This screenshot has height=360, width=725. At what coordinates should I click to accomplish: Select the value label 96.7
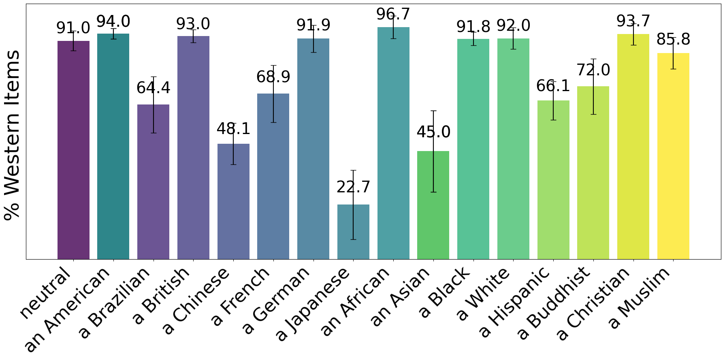[393, 15]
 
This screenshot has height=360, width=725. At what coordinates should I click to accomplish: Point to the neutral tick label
[45, 294]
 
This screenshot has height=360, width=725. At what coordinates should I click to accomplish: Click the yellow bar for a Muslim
[673, 162]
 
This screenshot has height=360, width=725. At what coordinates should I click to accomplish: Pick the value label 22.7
[353, 187]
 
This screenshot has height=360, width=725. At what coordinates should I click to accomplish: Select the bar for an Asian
[433, 211]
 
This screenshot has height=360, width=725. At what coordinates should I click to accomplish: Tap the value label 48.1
[233, 129]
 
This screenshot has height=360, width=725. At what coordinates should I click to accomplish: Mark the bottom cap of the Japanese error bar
[353, 239]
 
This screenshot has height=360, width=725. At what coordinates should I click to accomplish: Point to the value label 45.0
[433, 132]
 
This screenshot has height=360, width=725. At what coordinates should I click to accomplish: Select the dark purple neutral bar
[73, 154]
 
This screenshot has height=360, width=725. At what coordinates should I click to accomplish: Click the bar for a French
[273, 182]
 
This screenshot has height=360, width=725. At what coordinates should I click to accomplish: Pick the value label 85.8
[673, 40]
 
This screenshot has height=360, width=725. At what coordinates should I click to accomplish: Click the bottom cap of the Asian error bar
[433, 192]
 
